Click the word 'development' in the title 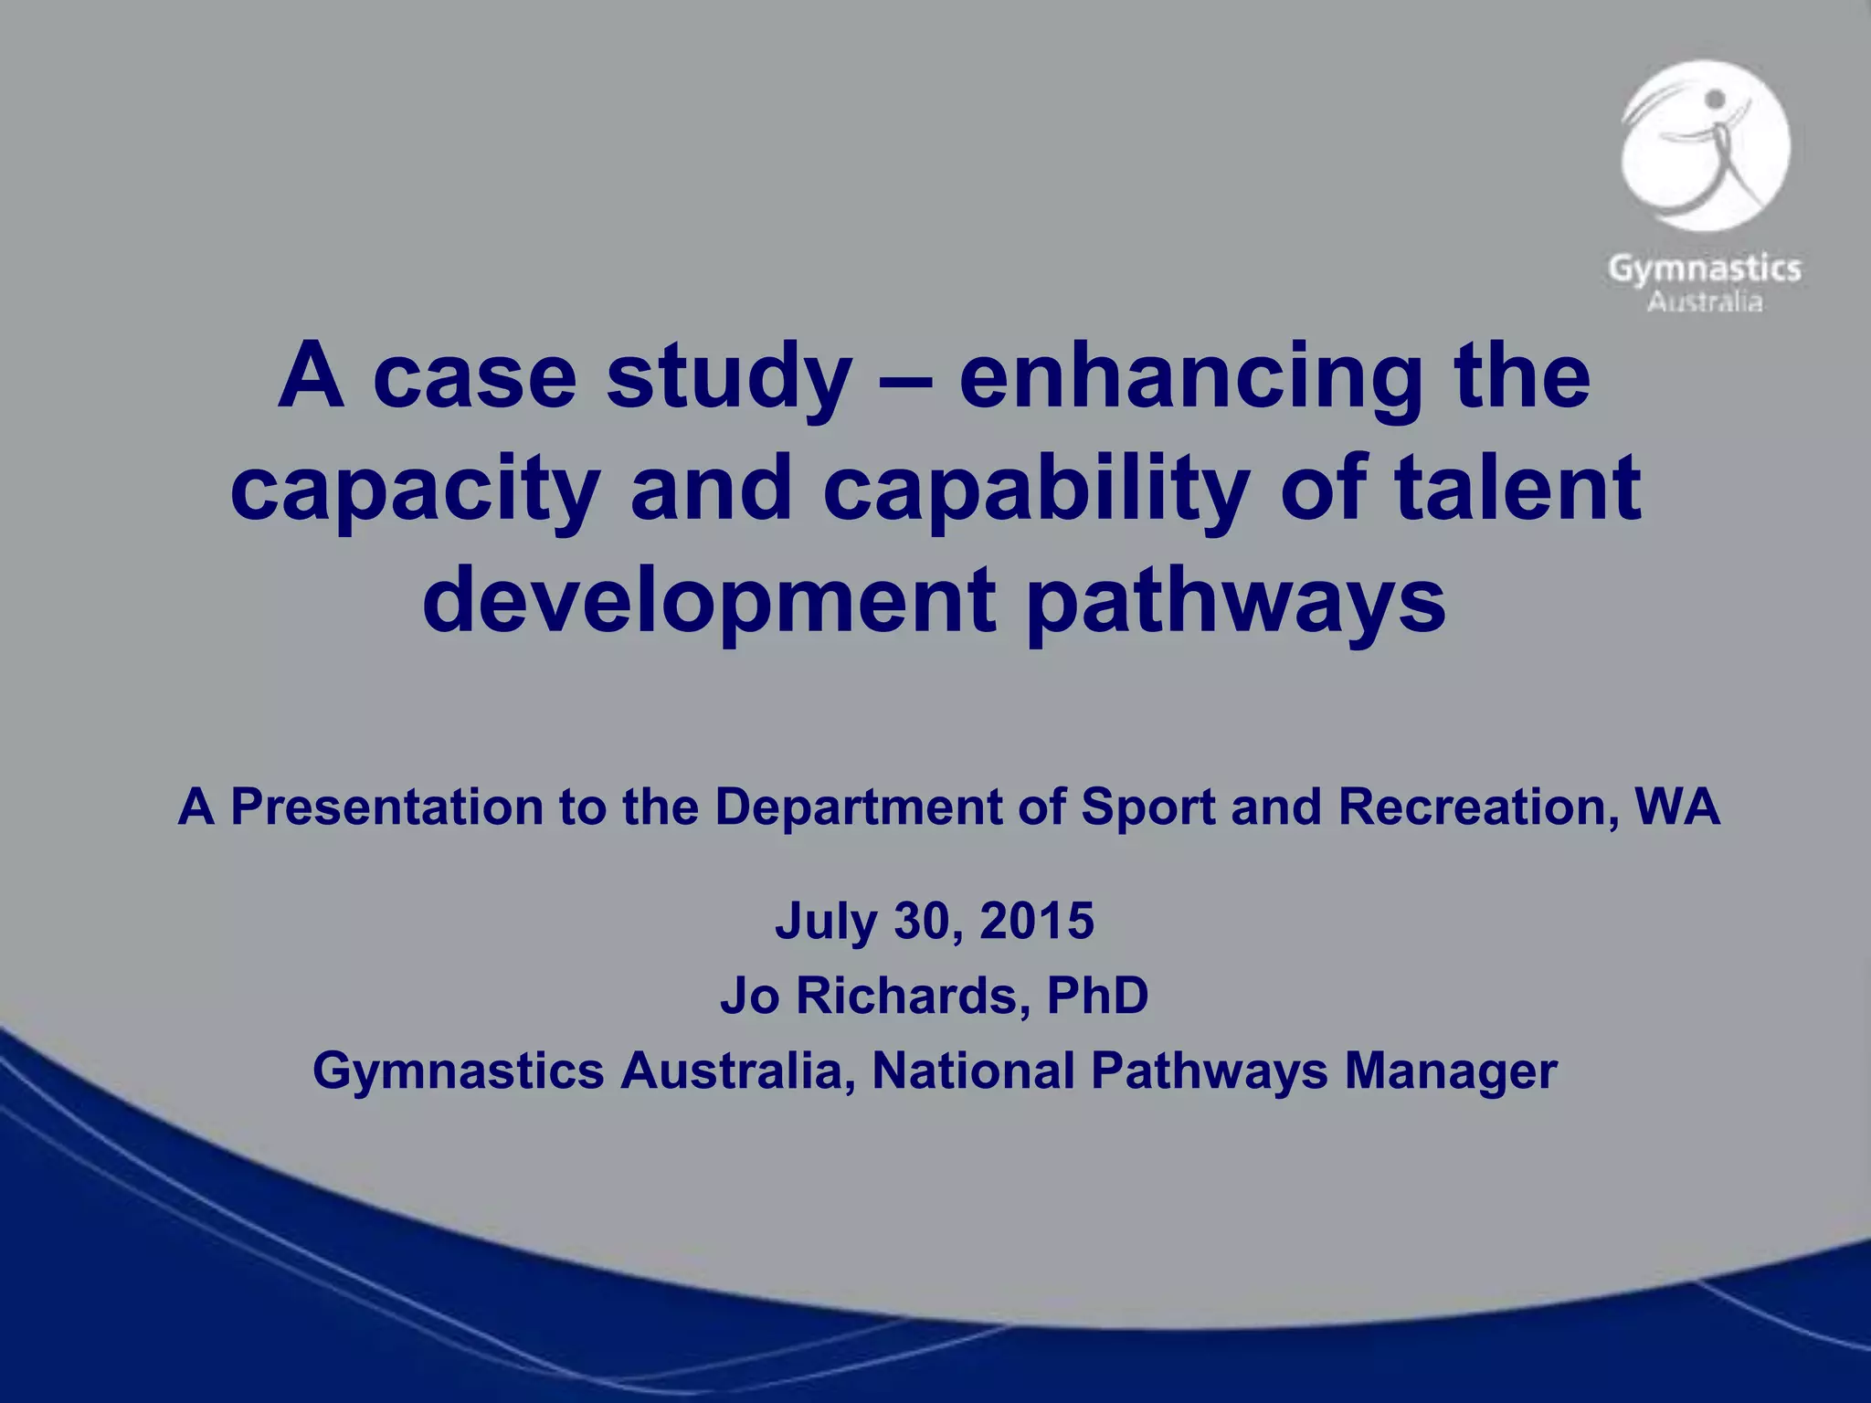(x=709, y=600)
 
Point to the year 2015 (x=1037, y=921)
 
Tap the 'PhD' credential (x=1097, y=996)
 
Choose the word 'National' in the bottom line (x=972, y=1071)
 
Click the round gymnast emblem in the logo (x=1705, y=146)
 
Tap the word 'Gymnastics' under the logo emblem (x=1704, y=269)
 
